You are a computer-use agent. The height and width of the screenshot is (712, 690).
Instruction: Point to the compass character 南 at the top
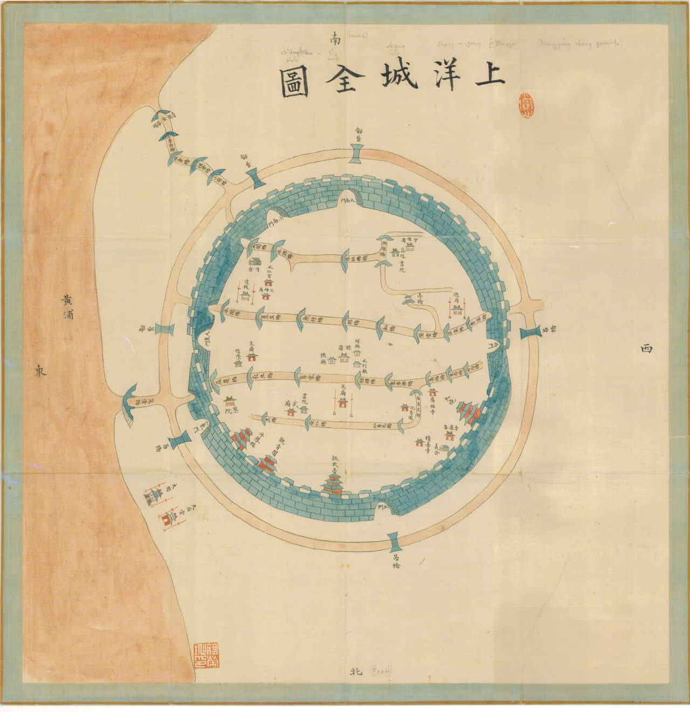(x=335, y=38)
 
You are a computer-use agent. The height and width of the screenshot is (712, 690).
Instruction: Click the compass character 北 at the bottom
(x=356, y=672)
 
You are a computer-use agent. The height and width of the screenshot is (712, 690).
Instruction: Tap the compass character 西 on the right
(x=646, y=348)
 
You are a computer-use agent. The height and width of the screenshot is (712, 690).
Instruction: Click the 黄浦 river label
(x=67, y=306)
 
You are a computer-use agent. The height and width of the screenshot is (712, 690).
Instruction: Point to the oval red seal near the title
(x=525, y=105)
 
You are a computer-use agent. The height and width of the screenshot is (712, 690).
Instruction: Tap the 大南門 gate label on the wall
(x=347, y=201)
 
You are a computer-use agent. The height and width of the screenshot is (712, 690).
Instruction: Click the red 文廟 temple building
(x=252, y=356)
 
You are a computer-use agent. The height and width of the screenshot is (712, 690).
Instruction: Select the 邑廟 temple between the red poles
(x=342, y=401)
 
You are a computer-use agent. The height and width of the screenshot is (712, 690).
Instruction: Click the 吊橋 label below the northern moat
(x=396, y=562)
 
